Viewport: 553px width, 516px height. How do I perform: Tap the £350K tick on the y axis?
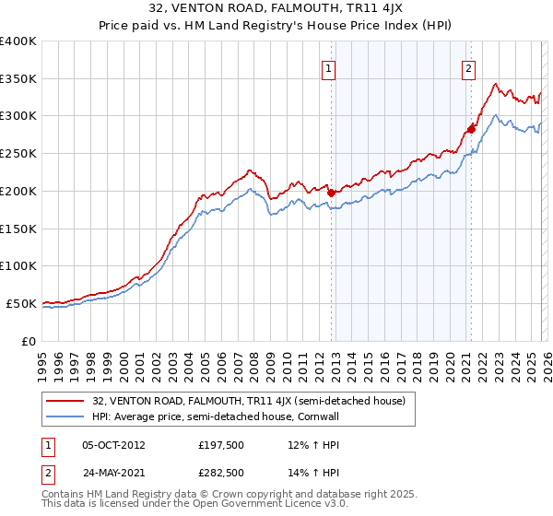[x=18, y=79]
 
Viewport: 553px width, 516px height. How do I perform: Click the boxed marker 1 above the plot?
[x=329, y=67]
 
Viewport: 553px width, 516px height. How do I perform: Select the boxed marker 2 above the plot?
[x=468, y=67]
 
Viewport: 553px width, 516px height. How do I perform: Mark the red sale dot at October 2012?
[x=330, y=193]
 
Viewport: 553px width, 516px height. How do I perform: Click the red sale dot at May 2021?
[x=471, y=129]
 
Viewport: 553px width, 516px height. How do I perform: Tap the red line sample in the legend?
[x=66, y=401]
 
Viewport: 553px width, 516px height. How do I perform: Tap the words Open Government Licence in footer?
[x=263, y=506]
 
